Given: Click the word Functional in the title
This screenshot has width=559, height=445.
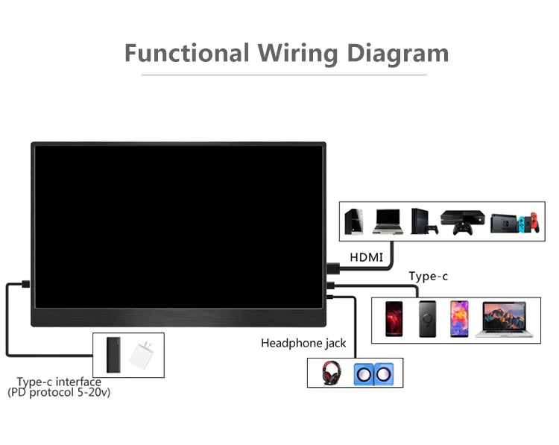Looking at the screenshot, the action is coord(186,53).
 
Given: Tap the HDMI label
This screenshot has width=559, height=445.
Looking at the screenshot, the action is coord(367,257).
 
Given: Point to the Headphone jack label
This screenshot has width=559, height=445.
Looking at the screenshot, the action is coord(303,343).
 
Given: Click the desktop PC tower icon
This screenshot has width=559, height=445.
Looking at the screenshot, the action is coord(356,220).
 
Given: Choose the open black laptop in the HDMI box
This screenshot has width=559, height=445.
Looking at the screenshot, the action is coord(388,221).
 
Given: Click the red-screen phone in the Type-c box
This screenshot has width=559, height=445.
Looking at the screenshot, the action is coord(394,319).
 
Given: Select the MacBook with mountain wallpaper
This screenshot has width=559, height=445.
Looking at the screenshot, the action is coord(505,320).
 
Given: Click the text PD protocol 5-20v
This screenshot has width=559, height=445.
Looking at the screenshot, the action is coord(59,392).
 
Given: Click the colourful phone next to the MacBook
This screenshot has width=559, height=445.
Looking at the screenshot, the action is coord(460,319).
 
